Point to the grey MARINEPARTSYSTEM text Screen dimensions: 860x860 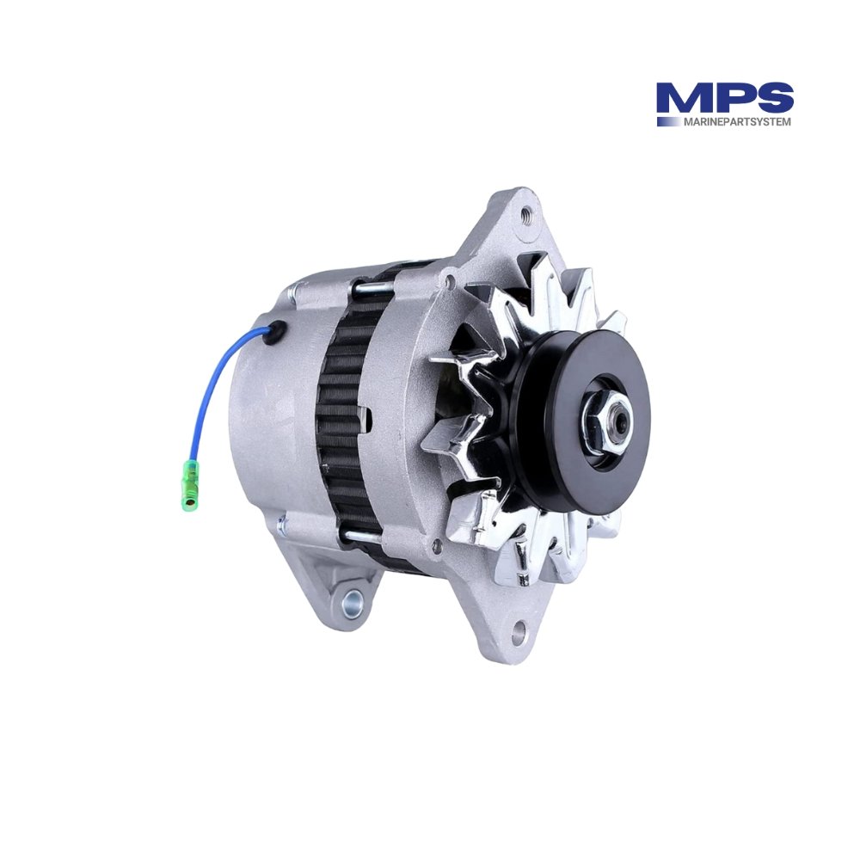pos(736,122)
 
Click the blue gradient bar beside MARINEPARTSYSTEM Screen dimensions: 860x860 pos(668,122)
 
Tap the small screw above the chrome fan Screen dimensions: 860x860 pos(448,277)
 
